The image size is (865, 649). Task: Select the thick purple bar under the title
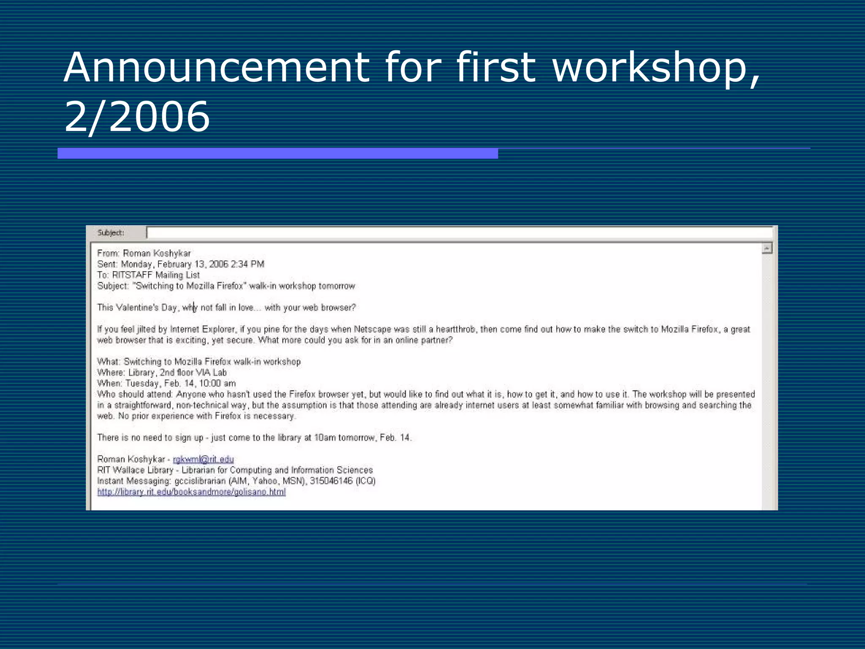pos(277,153)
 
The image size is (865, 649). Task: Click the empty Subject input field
pos(460,232)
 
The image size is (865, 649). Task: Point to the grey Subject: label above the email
pos(111,232)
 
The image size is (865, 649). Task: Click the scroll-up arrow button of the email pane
pos(767,248)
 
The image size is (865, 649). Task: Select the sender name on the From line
pos(157,253)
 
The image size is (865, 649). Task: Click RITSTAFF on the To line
pos(132,275)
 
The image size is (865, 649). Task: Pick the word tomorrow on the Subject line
pos(337,286)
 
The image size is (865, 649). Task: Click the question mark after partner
pos(451,340)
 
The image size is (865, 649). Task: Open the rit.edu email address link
pos(203,459)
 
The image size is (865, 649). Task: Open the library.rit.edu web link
pos(191,492)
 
